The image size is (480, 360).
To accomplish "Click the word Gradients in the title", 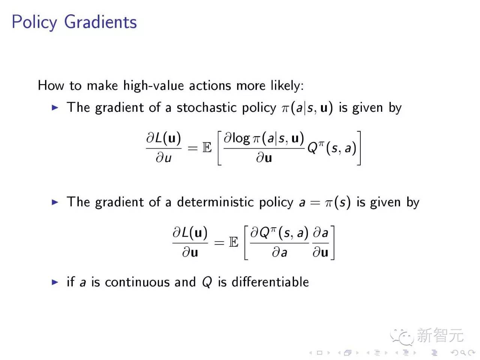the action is [100, 22].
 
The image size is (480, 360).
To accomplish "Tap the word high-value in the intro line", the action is [153, 85].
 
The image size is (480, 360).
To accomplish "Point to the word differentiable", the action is [270, 282].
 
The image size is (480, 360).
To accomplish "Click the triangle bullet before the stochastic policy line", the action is [55, 108].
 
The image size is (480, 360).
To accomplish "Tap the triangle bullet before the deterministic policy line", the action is [55, 202].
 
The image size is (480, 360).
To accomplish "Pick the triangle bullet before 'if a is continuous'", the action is [55, 282].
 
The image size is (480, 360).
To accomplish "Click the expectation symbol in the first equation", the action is [207, 147].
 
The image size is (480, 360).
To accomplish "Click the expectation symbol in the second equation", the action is [234, 242].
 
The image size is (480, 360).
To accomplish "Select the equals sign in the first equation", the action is [193, 148].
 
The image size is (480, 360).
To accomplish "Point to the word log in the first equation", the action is [241, 139].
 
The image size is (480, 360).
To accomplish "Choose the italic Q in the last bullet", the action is [207, 282].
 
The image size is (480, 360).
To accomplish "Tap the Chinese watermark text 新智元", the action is [440, 335].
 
